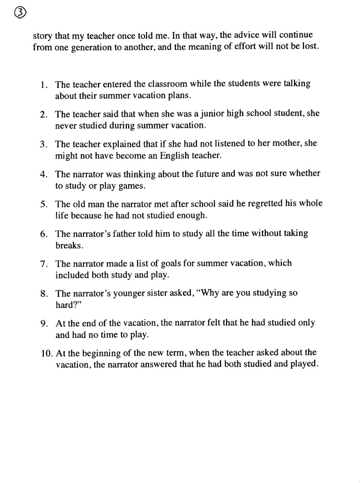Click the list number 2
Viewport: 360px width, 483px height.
click(x=42, y=115)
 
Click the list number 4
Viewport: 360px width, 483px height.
click(x=42, y=175)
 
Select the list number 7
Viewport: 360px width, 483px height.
click(x=42, y=264)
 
